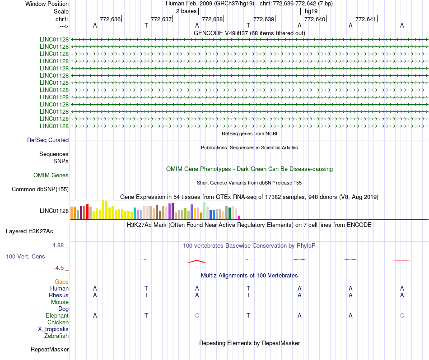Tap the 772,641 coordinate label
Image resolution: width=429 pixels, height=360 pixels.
(x=366, y=19)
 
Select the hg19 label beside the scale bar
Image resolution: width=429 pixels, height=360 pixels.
(x=311, y=11)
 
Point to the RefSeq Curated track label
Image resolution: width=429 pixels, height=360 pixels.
(x=48, y=140)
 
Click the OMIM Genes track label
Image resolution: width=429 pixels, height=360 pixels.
(x=51, y=175)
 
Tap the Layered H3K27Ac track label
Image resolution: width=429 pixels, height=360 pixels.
(x=29, y=231)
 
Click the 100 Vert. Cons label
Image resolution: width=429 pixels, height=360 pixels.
(x=25, y=256)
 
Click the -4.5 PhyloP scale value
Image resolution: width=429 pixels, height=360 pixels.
(x=60, y=268)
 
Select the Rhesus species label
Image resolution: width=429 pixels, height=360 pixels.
(x=59, y=295)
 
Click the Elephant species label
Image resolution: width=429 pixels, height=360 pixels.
(x=57, y=315)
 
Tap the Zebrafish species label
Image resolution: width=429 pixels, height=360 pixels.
(x=56, y=336)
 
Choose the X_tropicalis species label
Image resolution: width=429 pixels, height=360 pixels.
(x=53, y=329)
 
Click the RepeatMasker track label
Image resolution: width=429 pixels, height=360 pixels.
(x=50, y=349)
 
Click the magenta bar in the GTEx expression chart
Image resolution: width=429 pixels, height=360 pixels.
(x=239, y=217)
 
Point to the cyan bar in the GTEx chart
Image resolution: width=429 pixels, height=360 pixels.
(x=135, y=213)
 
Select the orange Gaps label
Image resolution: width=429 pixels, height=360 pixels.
(x=61, y=282)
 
